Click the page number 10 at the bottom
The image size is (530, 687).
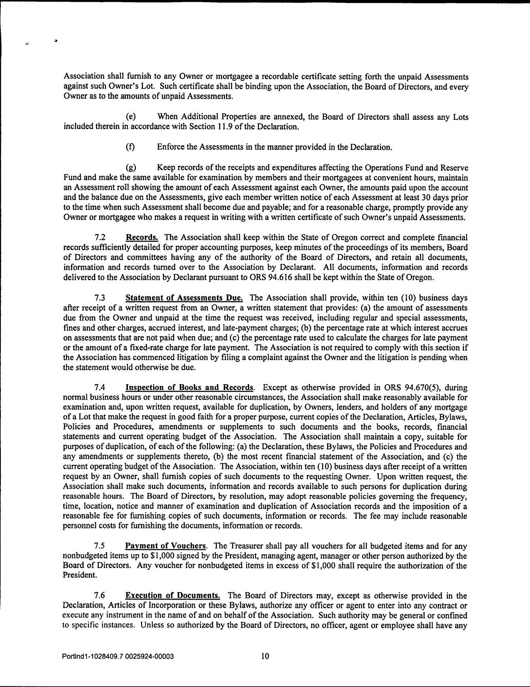[x=265, y=657]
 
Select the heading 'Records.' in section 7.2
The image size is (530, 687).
[x=142, y=238]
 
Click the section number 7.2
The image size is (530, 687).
[x=100, y=238]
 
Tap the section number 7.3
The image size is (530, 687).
[x=100, y=298]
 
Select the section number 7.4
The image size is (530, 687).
[x=100, y=388]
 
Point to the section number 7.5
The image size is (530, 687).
[x=100, y=546]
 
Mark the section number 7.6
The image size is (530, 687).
[x=100, y=596]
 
